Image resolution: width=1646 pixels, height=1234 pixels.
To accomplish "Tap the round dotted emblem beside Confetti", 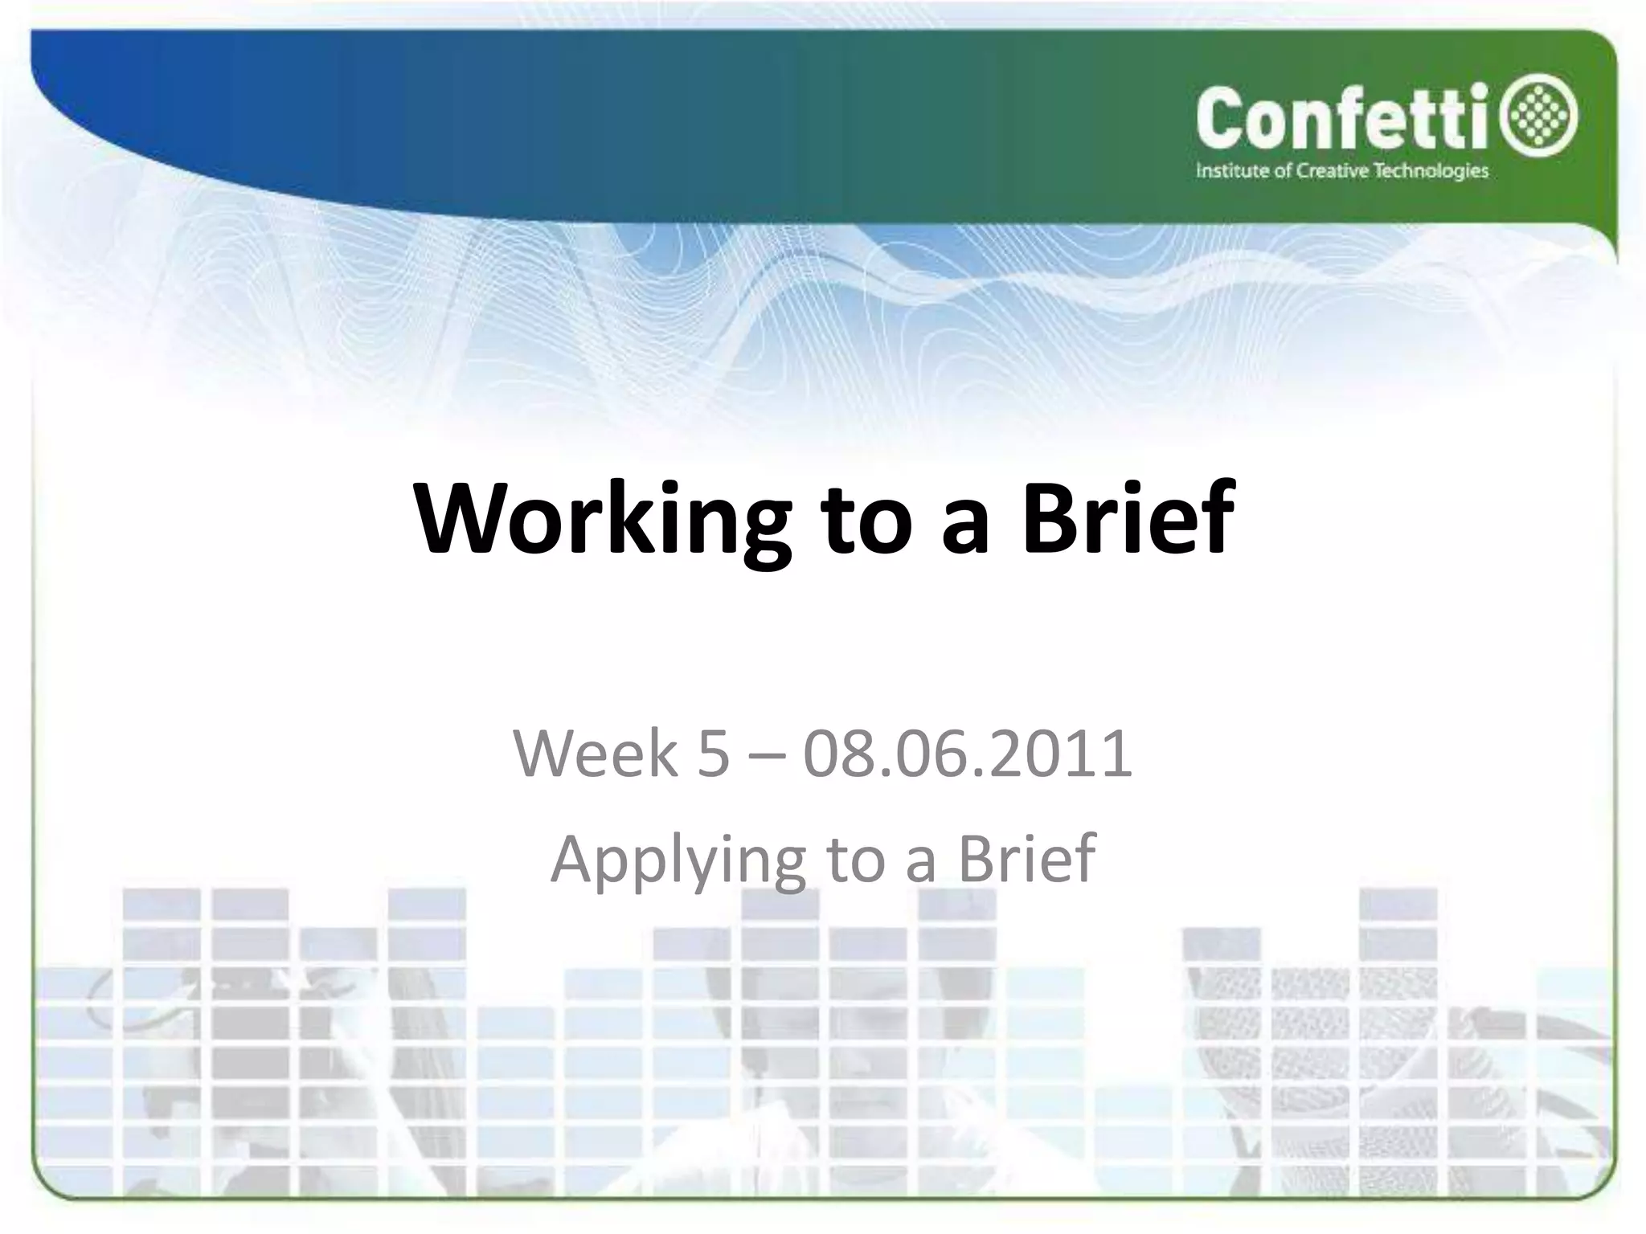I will pyautogui.click(x=1545, y=119).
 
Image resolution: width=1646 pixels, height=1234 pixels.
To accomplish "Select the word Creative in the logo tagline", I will pyautogui.click(x=1337, y=170).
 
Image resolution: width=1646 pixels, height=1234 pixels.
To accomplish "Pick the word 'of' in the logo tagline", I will pyautogui.click(x=1283, y=170).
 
